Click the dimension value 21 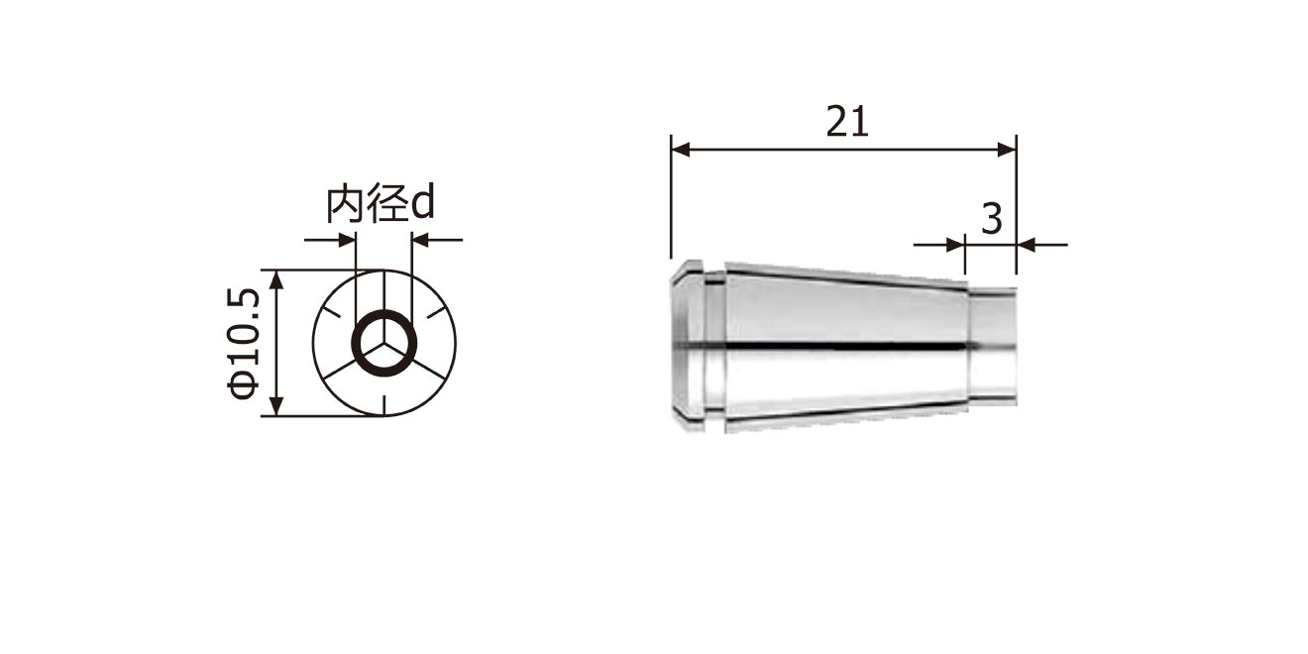(x=847, y=122)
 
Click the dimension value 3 (x=992, y=219)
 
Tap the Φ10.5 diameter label (x=244, y=343)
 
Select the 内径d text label (x=381, y=204)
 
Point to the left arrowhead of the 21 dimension (x=682, y=150)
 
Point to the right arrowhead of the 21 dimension (x=1007, y=150)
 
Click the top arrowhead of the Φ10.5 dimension (x=277, y=280)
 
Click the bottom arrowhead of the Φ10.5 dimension (x=277, y=406)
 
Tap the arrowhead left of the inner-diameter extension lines (x=346, y=240)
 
